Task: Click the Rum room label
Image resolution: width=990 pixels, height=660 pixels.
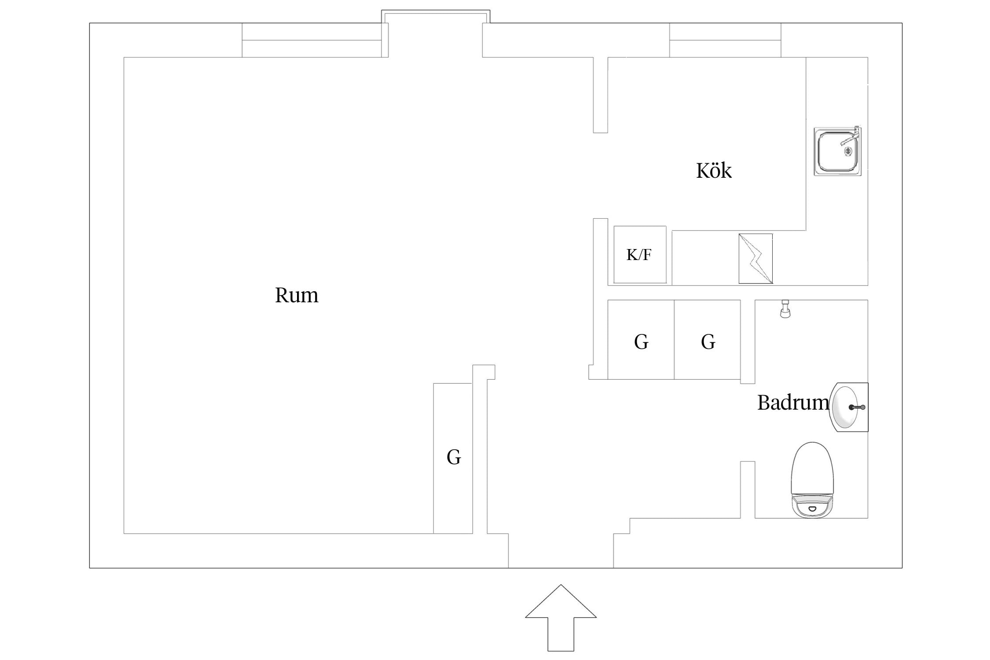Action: [x=297, y=295]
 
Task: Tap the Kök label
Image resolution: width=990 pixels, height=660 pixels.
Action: [x=714, y=170]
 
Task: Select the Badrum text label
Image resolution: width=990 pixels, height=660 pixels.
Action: [x=793, y=403]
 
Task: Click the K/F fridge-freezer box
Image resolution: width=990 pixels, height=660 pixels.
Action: [x=640, y=255]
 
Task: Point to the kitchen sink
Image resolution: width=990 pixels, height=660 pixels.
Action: [x=837, y=152]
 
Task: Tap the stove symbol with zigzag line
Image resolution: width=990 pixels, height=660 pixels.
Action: [x=755, y=259]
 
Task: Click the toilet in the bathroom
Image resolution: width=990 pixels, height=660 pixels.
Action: [x=812, y=480]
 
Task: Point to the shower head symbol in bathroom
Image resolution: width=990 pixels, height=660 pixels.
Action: [x=785, y=309]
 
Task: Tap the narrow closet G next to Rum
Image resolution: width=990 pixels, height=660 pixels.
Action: [x=453, y=458]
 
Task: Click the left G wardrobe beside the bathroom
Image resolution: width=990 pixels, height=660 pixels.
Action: [x=641, y=340]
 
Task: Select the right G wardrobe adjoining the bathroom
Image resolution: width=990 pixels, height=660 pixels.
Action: [x=708, y=340]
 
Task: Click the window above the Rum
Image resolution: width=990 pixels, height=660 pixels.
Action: [x=312, y=40]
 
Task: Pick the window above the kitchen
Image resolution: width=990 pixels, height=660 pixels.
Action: [x=725, y=40]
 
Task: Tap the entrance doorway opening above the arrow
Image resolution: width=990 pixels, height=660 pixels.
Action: [x=561, y=550]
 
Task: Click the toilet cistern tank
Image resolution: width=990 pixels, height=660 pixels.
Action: [x=812, y=507]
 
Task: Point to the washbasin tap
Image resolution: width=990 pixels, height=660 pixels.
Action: [x=857, y=407]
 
